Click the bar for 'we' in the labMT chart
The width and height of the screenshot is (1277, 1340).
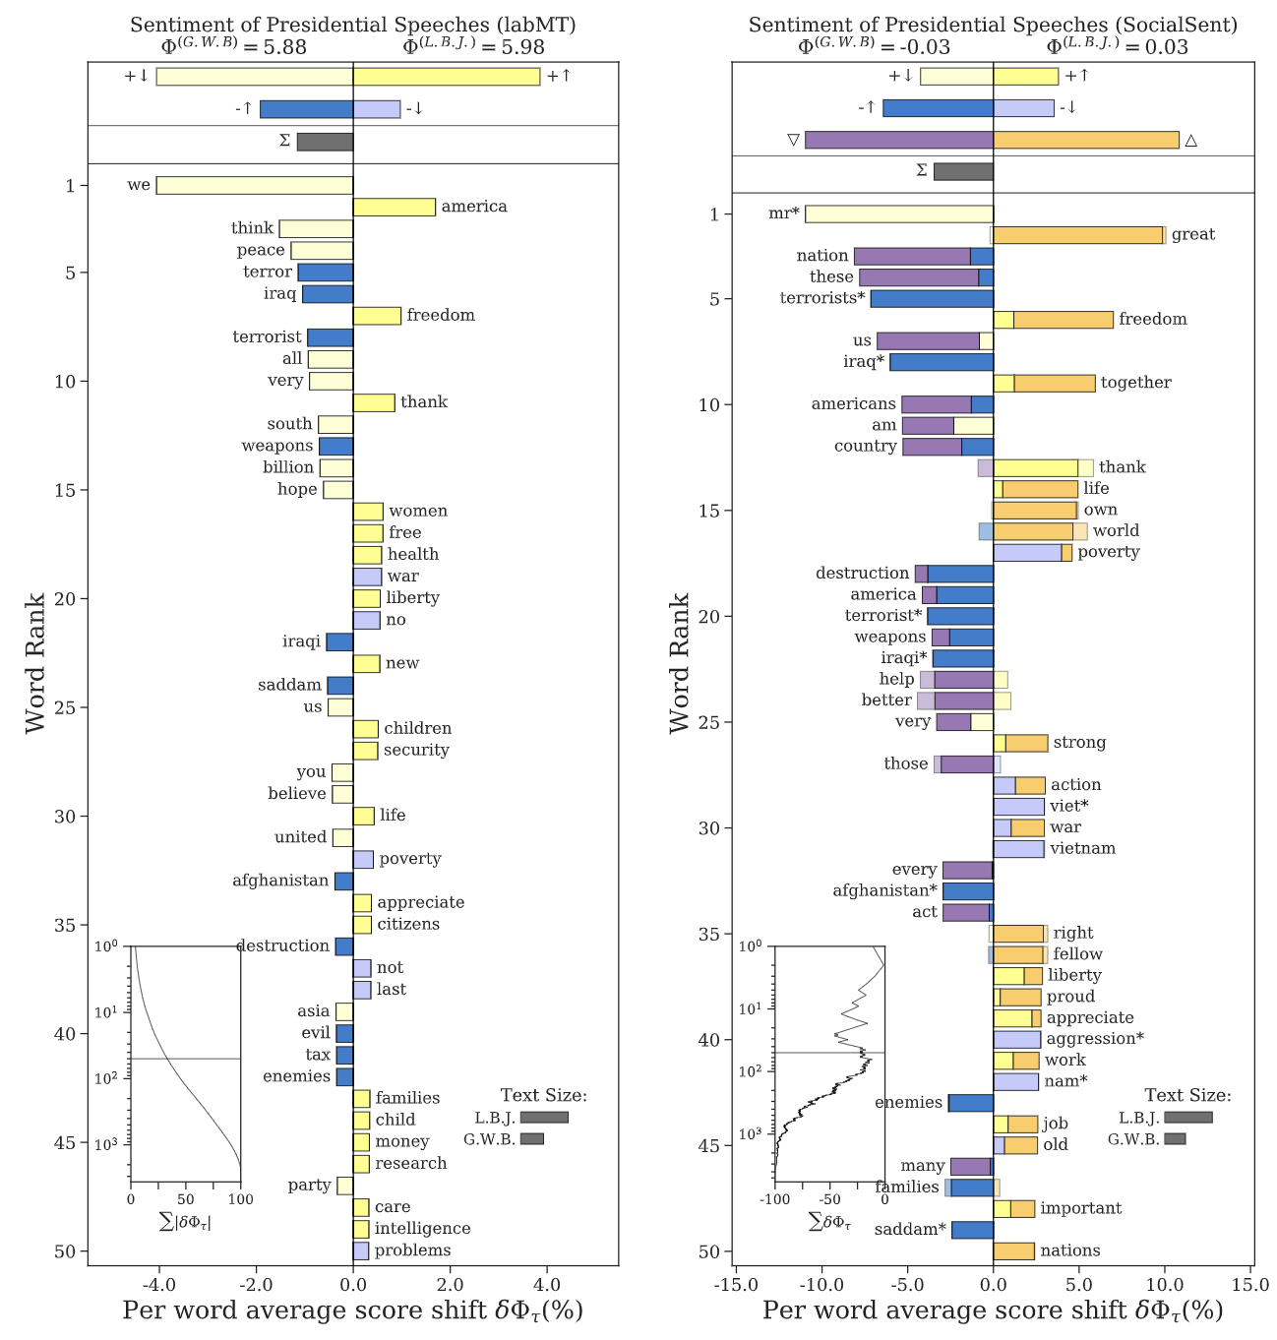tap(254, 185)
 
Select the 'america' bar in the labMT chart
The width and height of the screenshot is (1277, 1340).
tap(394, 207)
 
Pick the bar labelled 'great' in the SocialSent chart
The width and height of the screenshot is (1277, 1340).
tap(1078, 235)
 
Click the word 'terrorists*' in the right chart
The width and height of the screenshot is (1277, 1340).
tap(822, 298)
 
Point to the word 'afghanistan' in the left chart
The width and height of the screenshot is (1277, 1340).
tap(280, 881)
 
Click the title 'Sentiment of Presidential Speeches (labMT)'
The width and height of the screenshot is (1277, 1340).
tap(353, 26)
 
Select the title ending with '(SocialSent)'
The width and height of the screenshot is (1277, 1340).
tap(993, 26)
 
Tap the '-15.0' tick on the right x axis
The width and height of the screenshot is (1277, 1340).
tap(736, 1284)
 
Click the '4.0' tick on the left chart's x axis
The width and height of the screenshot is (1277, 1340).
tap(546, 1284)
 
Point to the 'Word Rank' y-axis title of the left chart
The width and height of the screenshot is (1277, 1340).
tap(35, 662)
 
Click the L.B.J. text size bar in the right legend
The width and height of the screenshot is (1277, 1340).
tap(1187, 1118)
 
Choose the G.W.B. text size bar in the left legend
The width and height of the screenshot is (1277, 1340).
tap(531, 1139)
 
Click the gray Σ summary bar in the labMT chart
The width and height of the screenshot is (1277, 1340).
tap(325, 142)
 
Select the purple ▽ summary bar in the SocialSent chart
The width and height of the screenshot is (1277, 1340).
tap(898, 140)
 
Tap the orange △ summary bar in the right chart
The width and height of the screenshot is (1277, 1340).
tap(1085, 140)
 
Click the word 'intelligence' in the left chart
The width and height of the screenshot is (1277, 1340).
tap(422, 1229)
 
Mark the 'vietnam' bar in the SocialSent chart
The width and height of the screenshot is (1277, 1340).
tap(1018, 848)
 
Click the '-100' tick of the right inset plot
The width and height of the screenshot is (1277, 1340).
tap(774, 1199)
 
